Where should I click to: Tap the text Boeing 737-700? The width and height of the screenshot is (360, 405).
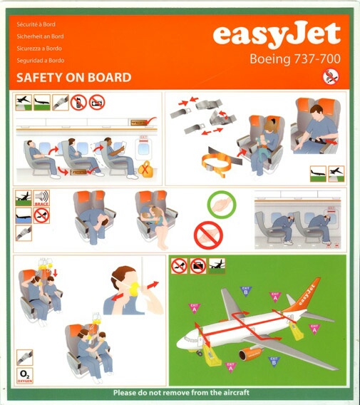click(x=293, y=60)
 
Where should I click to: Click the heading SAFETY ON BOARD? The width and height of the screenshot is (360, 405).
click(x=73, y=78)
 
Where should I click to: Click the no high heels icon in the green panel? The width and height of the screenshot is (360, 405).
click(x=180, y=267)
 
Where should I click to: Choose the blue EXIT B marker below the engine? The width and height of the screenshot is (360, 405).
click(x=274, y=362)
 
